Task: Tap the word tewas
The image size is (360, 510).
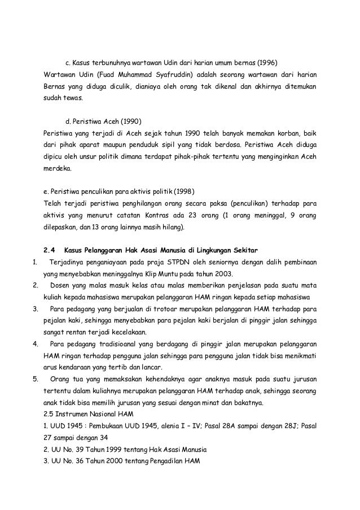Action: click(72, 98)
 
